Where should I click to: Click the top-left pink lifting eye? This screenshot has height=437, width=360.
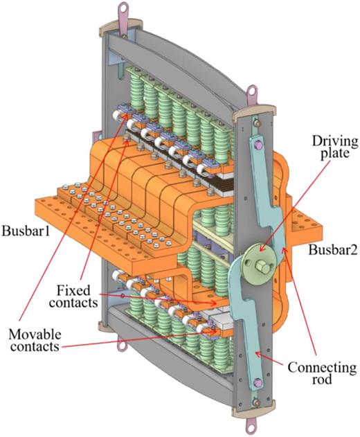[x=123, y=10]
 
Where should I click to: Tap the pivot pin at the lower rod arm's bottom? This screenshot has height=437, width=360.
[x=258, y=381]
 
